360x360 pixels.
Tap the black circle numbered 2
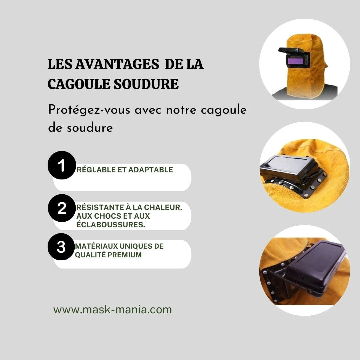point(62,208)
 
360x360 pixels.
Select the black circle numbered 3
point(61,247)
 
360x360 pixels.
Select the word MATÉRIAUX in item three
point(96,246)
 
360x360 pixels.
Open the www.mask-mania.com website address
point(113,310)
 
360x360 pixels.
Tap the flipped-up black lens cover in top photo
point(291,51)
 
